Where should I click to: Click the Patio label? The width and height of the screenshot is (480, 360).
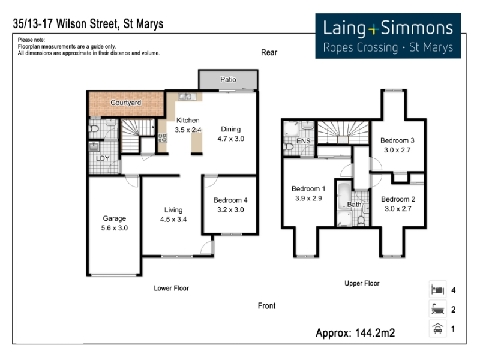pyautogui.click(x=228, y=80)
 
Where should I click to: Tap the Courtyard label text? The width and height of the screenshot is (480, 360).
pyautogui.click(x=125, y=103)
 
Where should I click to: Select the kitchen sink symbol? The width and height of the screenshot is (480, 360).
pyautogui.click(x=187, y=97)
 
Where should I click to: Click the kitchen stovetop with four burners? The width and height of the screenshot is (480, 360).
pyautogui.click(x=163, y=138)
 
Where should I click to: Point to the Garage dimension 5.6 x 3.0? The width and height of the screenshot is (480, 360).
pyautogui.click(x=114, y=228)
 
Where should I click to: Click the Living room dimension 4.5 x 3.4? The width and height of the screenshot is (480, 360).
pyautogui.click(x=173, y=220)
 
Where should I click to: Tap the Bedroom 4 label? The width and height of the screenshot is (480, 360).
pyautogui.click(x=230, y=200)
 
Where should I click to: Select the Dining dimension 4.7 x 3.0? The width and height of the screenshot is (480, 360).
pyautogui.click(x=231, y=139)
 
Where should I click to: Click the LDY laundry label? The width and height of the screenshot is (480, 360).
pyautogui.click(x=103, y=158)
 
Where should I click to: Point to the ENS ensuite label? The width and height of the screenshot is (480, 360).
pyautogui.click(x=304, y=141)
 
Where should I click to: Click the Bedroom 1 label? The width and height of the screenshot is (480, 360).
pyautogui.click(x=308, y=189)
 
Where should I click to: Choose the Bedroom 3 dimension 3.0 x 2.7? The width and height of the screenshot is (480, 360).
pyautogui.click(x=397, y=150)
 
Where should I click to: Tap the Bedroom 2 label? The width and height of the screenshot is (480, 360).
pyautogui.click(x=398, y=199)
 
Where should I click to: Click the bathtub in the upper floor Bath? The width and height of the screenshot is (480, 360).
pyautogui.click(x=344, y=196)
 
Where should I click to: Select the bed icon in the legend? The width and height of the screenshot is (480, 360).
pyautogui.click(x=438, y=289)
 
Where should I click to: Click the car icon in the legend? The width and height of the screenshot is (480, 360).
pyautogui.click(x=438, y=329)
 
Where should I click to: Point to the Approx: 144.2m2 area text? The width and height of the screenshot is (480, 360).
pyautogui.click(x=355, y=333)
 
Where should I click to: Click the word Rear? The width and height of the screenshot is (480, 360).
pyautogui.click(x=269, y=52)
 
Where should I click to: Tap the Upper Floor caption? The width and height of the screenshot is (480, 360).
pyautogui.click(x=362, y=283)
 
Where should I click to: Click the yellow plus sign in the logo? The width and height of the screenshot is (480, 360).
pyautogui.click(x=373, y=29)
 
